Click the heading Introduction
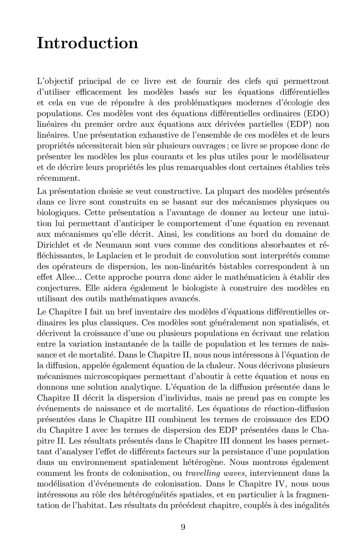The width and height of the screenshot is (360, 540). [88, 43]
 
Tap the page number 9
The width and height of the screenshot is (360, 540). [183, 528]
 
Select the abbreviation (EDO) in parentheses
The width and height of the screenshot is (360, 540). [309, 124]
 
